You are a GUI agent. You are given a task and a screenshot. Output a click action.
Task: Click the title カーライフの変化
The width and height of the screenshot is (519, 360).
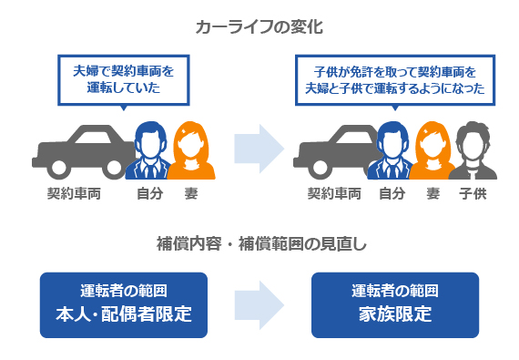click(x=259, y=26)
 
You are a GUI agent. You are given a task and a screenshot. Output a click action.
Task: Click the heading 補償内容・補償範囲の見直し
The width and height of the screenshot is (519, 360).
click(x=259, y=243)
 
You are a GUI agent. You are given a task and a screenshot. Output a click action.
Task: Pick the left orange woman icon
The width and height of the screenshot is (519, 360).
click(x=192, y=151)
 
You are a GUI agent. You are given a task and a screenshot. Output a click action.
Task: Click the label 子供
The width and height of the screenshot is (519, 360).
click(x=472, y=194)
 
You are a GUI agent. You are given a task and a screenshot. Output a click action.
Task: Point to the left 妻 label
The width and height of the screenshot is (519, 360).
click(x=191, y=194)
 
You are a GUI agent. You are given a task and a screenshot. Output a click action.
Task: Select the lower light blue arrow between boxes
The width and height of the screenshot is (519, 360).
click(x=259, y=304)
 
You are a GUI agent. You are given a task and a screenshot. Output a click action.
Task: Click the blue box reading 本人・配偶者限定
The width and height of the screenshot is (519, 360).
click(x=122, y=304)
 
